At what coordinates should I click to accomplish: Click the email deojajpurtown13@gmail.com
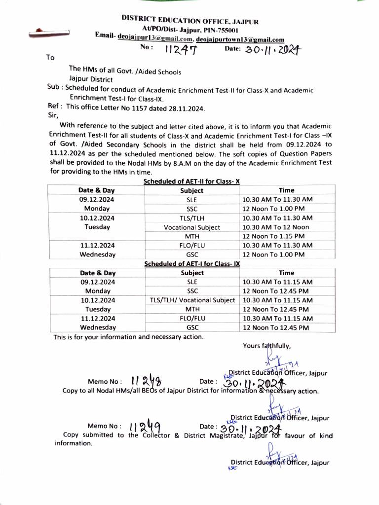pos(240,39)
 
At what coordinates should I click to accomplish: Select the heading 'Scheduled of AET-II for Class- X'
pos(191,181)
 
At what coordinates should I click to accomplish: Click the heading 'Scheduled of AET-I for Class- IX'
pos(191,264)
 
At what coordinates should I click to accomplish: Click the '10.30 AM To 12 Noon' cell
pos(275,227)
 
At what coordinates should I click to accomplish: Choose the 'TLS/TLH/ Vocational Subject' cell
pos(192,300)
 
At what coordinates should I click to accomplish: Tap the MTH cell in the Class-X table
pos(192,236)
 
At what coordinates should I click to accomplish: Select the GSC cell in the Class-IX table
pos(192,327)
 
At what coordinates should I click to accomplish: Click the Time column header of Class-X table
pos(286,190)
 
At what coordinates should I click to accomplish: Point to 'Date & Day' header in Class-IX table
pos(98,273)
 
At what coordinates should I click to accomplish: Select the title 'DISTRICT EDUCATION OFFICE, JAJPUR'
pos(190,20)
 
